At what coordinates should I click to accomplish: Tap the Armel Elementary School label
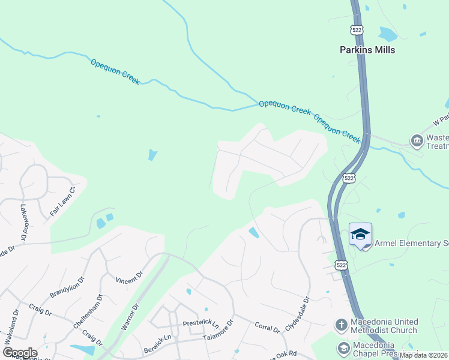coord(411,244)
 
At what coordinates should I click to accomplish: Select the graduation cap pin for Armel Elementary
coord(360,235)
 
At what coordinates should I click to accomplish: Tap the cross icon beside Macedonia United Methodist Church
coord(341,325)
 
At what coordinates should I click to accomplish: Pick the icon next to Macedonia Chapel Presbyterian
coord(343,347)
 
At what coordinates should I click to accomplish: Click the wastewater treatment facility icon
coord(417,141)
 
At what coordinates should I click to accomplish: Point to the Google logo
coord(20,353)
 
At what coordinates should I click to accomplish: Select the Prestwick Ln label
coord(200,324)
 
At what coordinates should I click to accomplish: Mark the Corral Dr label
coord(267,328)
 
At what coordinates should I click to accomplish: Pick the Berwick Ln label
coord(157,345)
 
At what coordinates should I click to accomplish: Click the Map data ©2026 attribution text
coord(423,355)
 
